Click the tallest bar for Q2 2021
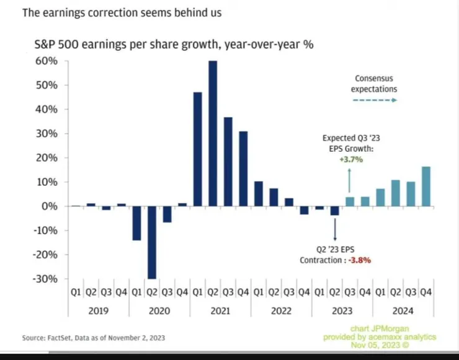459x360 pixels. [213, 133]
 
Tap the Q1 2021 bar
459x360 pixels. [198, 149]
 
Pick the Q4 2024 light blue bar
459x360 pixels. [426, 186]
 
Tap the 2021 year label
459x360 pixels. [220, 311]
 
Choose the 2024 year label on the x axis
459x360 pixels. [403, 311]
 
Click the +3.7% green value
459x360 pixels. [350, 159]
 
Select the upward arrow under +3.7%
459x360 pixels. [350, 180]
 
